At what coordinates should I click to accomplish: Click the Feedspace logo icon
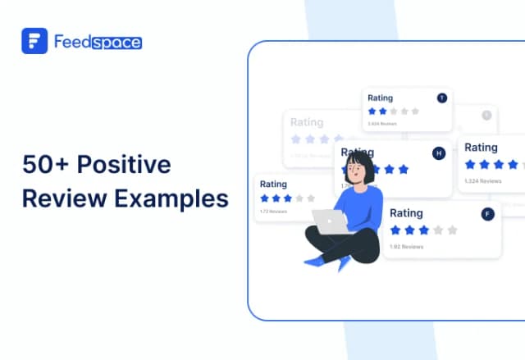point(34,41)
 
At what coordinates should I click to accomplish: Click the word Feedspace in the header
point(97,41)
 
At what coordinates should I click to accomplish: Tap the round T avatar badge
point(442,98)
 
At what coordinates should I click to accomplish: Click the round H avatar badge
point(438,153)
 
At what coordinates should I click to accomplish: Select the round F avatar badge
point(489,214)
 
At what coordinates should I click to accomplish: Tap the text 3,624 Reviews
point(382,124)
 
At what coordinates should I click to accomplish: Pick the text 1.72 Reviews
point(274,212)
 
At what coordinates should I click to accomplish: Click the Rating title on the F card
point(406,213)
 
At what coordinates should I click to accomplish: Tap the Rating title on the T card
point(380,98)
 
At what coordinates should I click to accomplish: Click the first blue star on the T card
point(372,111)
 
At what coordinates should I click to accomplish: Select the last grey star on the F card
point(452,230)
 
